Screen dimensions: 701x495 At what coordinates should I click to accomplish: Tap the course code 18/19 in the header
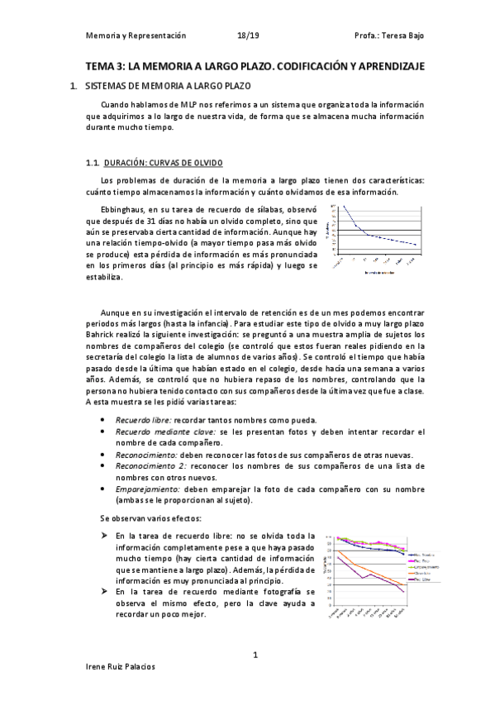(x=247, y=36)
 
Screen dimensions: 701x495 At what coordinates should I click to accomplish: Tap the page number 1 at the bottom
(x=255, y=656)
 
